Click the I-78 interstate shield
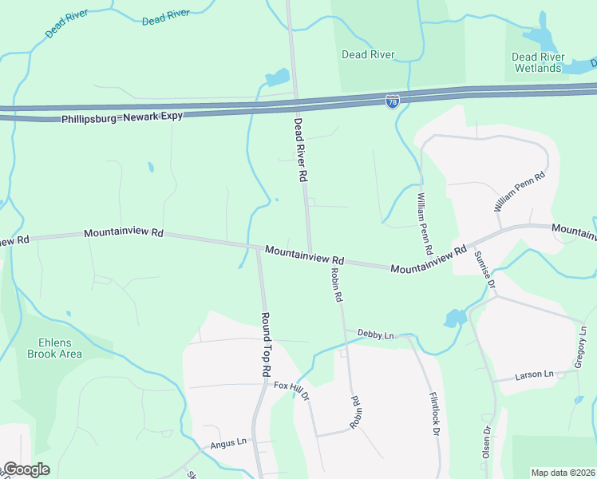[x=392, y=101]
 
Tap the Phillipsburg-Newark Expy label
[x=122, y=117]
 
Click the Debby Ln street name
[x=376, y=334]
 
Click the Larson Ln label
[x=534, y=374]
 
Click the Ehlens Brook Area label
[x=54, y=348]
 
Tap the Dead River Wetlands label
[x=537, y=62]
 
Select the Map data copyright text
[x=562, y=473]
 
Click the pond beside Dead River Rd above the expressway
[x=278, y=77]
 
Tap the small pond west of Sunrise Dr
[x=455, y=318]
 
